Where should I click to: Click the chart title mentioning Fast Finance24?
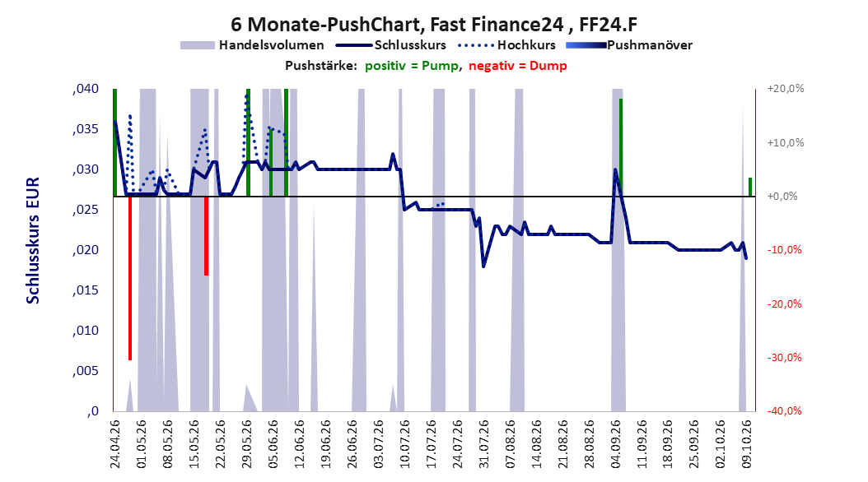point(434,25)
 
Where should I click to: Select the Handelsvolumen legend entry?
point(253,45)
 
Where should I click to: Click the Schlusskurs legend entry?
point(391,45)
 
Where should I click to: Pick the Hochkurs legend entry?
point(507,45)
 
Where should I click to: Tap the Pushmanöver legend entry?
point(629,45)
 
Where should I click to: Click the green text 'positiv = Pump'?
point(411,66)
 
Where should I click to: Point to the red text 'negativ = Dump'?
point(518,66)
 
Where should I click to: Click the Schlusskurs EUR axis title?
point(33,240)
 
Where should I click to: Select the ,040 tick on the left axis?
point(86,89)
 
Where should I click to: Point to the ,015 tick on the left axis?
point(86,290)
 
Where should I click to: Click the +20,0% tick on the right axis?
point(786,89)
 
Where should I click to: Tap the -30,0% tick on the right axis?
point(784,358)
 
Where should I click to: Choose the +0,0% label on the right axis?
point(782,197)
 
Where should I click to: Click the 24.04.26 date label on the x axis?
point(115,444)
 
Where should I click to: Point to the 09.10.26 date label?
point(747,444)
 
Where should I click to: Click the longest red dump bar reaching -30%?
point(130,278)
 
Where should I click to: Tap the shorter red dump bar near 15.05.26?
point(206,235)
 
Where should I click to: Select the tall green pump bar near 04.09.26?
point(621,147)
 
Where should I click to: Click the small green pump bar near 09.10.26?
point(750,187)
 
